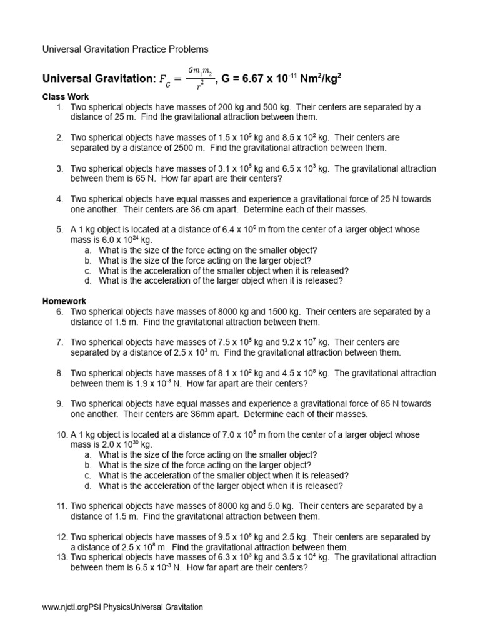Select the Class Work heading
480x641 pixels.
[65, 96]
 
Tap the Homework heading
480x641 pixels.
[64, 301]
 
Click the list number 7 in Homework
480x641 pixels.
[59, 342]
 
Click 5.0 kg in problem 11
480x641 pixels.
[282, 506]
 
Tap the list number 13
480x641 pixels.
[61, 557]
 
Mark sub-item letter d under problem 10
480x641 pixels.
[89, 486]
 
